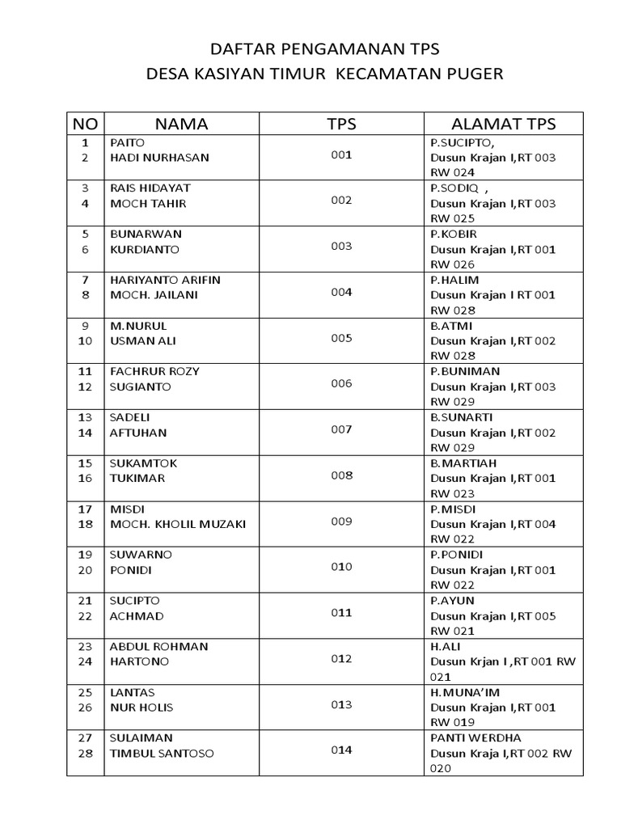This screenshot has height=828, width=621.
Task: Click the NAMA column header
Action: [181, 124]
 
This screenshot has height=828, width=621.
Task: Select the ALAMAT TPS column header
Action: [503, 124]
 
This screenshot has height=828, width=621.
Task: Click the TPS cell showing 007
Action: [341, 429]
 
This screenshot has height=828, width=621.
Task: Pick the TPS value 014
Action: [341, 750]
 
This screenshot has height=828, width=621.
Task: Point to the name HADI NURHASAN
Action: [159, 158]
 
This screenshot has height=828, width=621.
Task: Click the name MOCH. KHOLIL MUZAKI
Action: [178, 524]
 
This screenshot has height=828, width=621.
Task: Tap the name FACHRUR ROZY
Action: [154, 371]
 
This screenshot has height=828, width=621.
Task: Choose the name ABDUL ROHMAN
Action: [158, 646]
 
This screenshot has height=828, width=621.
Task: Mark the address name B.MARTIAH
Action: [463, 463]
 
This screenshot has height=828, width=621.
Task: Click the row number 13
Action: [84, 417]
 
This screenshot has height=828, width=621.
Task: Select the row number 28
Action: [84, 754]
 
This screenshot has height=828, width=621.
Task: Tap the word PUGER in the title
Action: [474, 74]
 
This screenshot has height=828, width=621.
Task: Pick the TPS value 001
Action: [341, 154]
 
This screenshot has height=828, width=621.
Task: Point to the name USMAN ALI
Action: [142, 341]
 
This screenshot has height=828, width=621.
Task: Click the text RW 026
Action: [453, 264]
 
